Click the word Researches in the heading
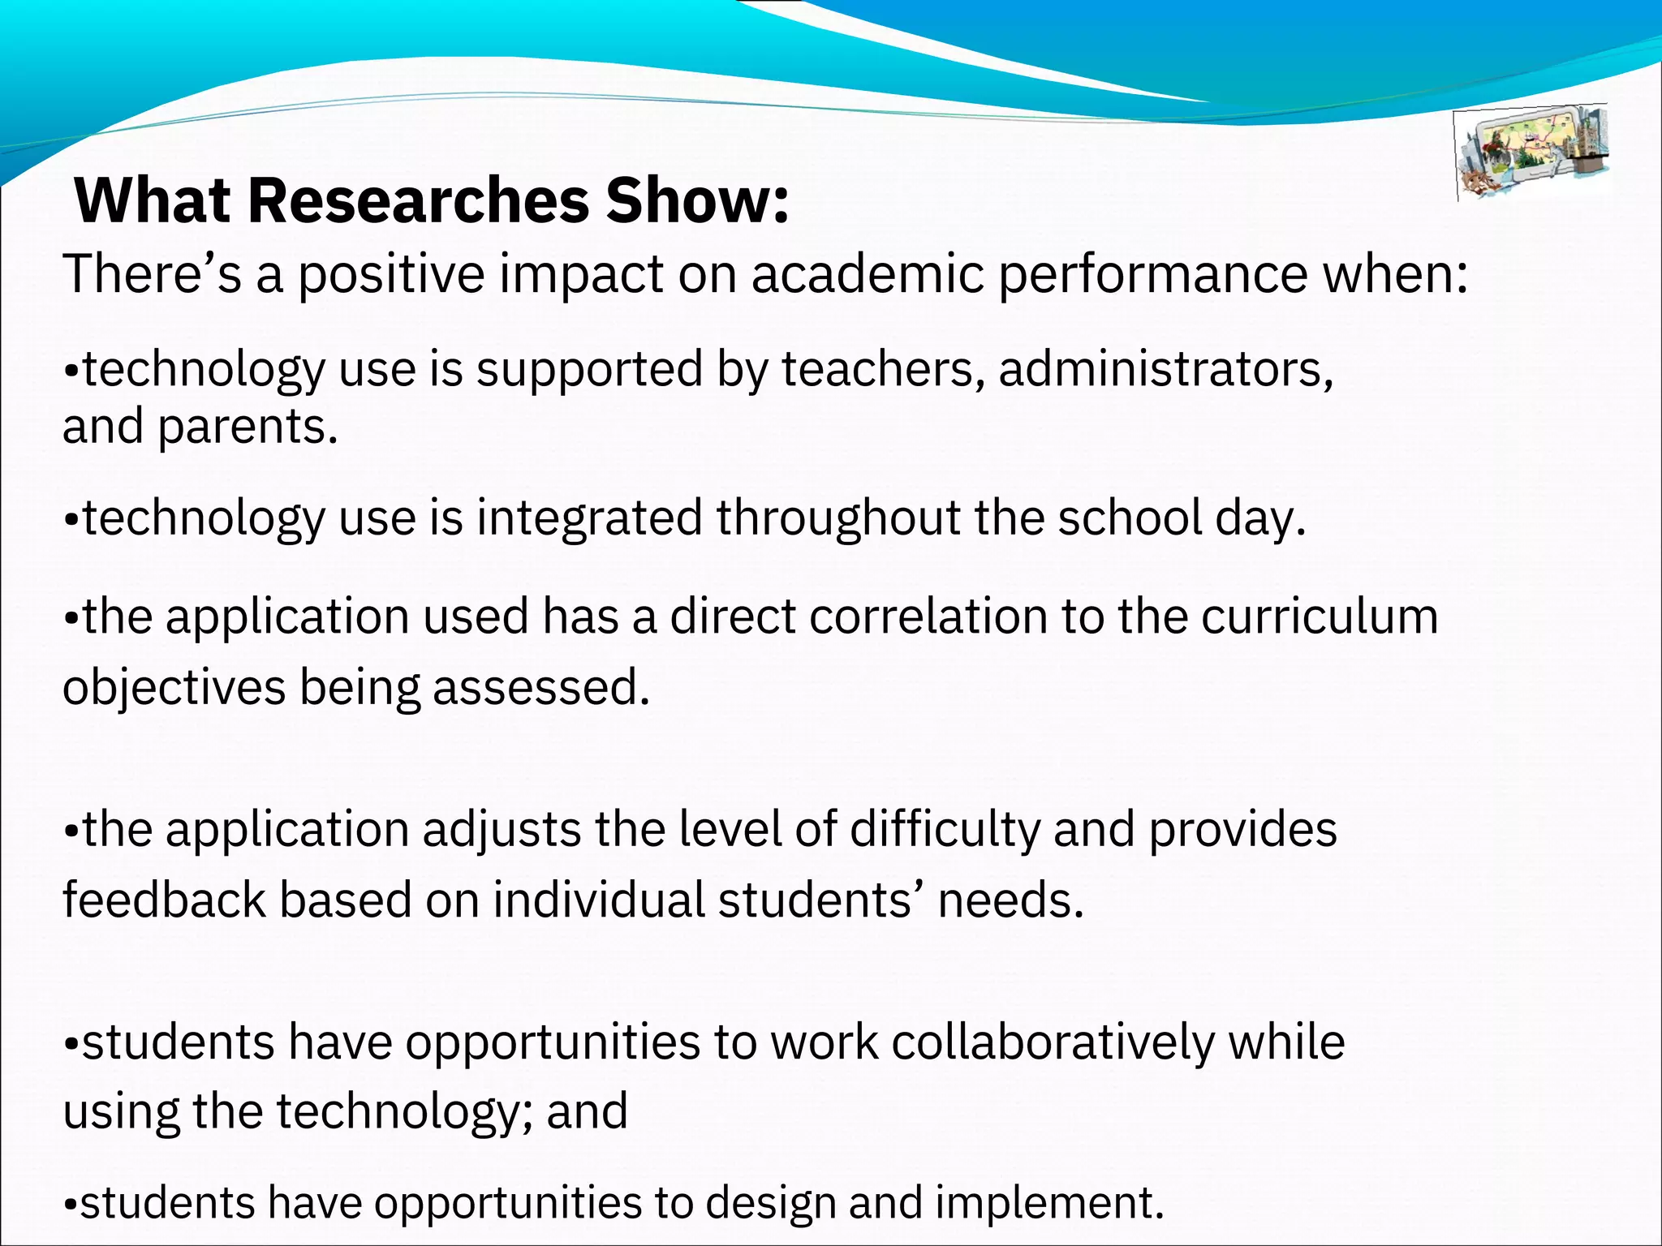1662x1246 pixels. tap(418, 200)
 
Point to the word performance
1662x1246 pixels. tap(1152, 276)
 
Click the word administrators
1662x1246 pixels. tap(1165, 370)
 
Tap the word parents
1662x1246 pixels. tap(247, 428)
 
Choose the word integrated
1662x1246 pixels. tap(589, 518)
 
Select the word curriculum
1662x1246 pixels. tap(1320, 617)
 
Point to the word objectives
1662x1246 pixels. tap(174, 688)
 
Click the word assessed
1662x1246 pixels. tap(540, 688)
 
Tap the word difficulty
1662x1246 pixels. tap(945, 830)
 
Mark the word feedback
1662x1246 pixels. tap(164, 900)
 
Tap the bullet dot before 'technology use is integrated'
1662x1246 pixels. tap(71, 520)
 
